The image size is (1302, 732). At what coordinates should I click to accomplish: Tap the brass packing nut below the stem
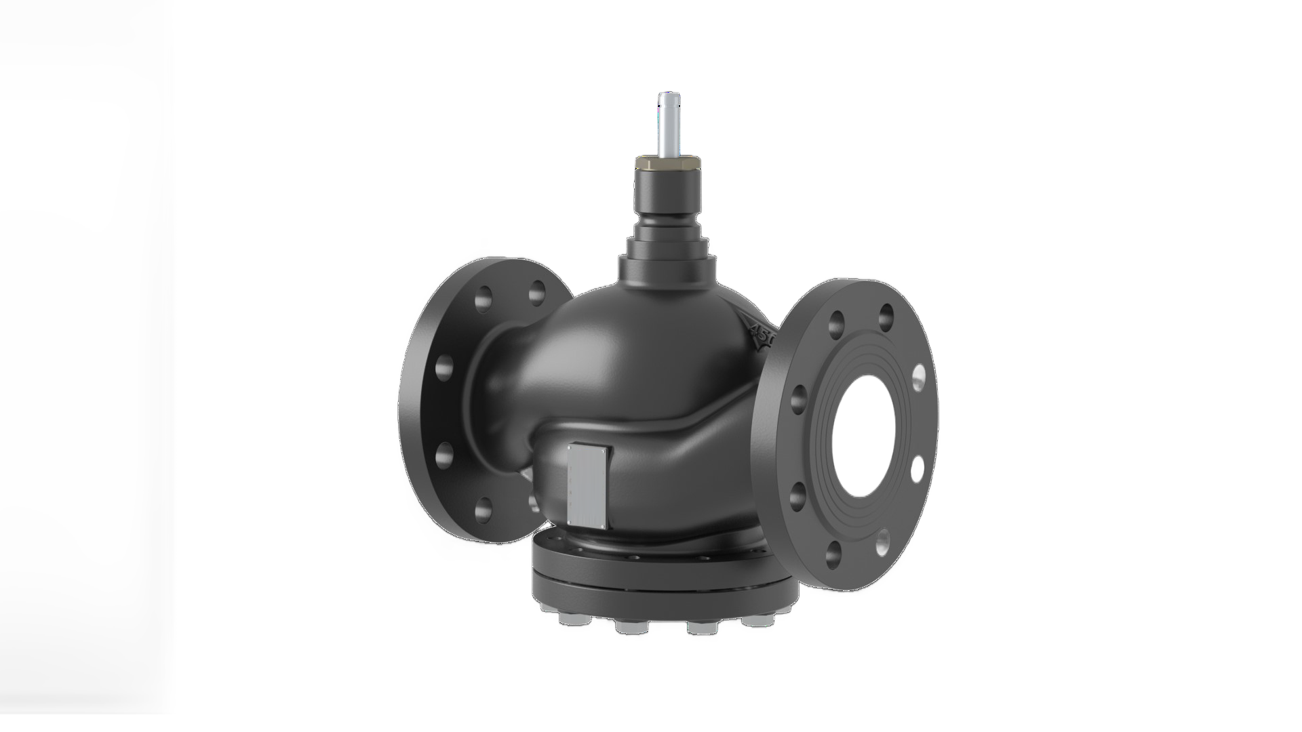pyautogui.click(x=669, y=162)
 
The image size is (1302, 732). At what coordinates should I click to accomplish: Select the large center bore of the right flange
pyautogui.click(x=875, y=434)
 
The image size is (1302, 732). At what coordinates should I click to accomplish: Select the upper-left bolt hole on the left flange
pyautogui.click(x=485, y=298)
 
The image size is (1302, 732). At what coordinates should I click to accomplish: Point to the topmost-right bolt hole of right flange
pyautogui.click(x=885, y=313)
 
